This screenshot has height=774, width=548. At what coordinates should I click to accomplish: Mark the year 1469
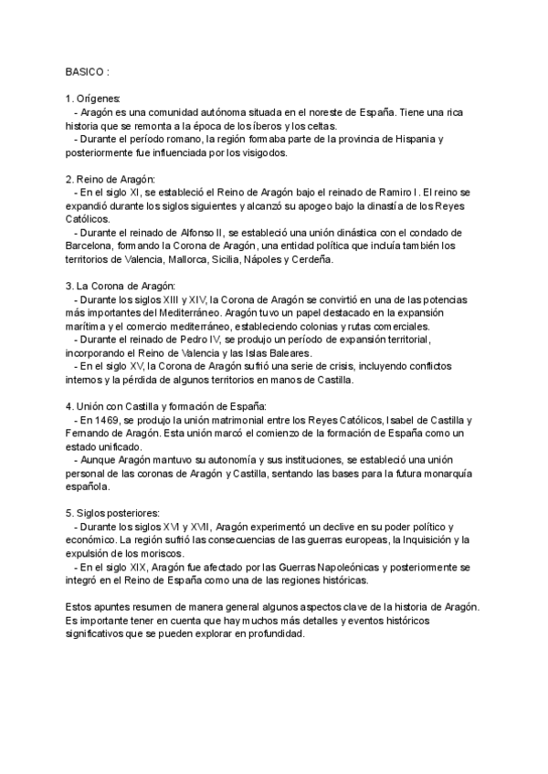point(106,420)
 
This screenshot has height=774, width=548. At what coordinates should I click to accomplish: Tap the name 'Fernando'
point(90,434)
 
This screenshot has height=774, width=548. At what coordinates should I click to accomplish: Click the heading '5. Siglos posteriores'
point(112,514)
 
